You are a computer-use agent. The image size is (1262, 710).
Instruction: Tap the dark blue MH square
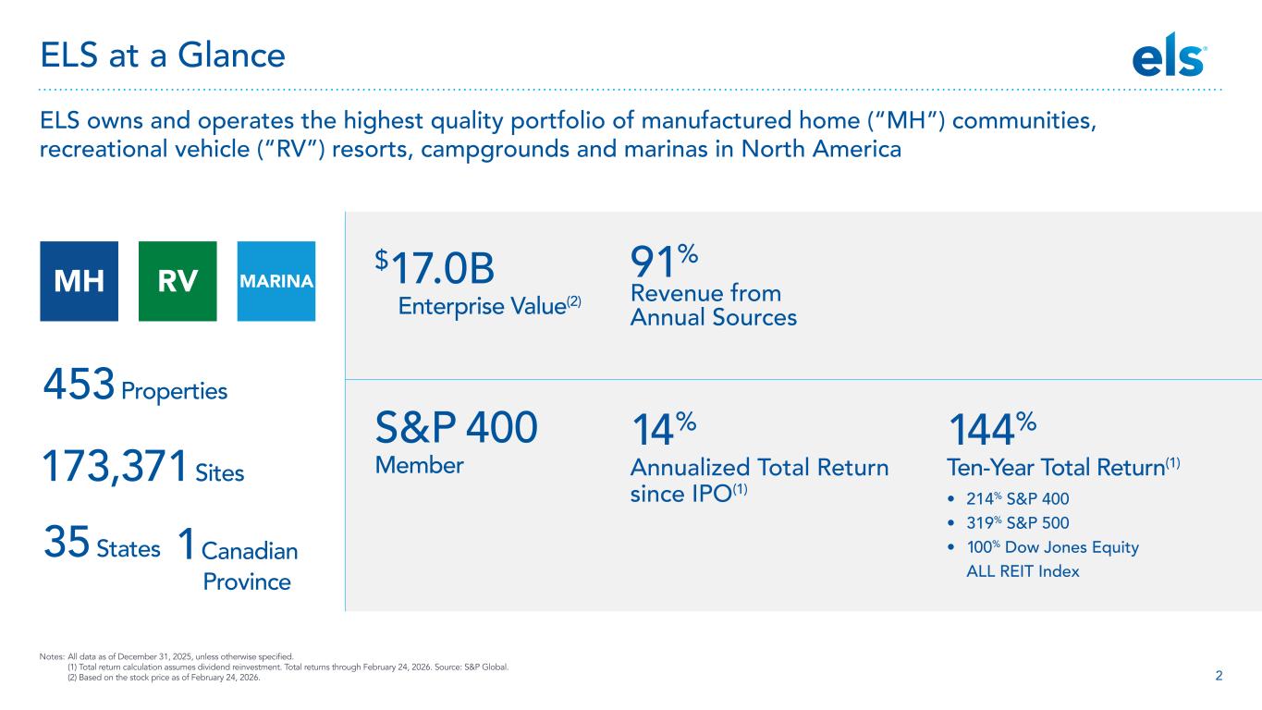point(79,281)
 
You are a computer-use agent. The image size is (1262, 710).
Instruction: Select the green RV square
point(178,281)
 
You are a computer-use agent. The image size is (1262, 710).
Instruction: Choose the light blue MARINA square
point(276,281)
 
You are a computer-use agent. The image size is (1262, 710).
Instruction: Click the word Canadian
point(250,551)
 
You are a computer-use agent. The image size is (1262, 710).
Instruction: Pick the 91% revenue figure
point(663,264)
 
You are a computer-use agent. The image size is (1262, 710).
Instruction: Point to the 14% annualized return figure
point(662,431)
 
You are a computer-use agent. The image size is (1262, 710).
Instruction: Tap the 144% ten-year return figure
point(993,431)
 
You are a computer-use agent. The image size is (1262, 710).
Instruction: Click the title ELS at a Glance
point(162,56)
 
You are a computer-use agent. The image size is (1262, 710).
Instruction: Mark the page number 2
point(1219,675)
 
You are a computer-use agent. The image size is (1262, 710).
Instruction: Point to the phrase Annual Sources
point(713,317)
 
